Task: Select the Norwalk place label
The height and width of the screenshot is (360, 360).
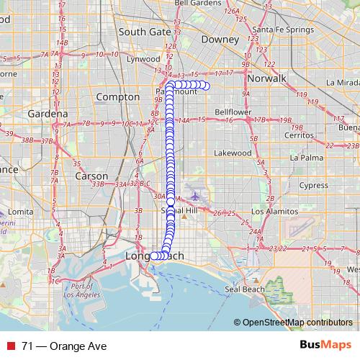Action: (266, 78)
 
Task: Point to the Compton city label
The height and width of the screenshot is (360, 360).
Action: (117, 96)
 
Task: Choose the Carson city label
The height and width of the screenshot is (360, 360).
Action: (91, 176)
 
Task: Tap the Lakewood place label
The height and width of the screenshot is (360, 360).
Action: (233, 153)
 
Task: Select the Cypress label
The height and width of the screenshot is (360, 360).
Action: (313, 185)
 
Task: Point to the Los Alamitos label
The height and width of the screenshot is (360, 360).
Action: (273, 213)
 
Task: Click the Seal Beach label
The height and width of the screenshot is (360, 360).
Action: (243, 289)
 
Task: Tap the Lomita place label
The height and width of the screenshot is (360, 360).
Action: (21, 212)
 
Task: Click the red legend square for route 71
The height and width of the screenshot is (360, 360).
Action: (11, 346)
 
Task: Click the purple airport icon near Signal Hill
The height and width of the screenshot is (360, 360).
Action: (195, 194)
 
